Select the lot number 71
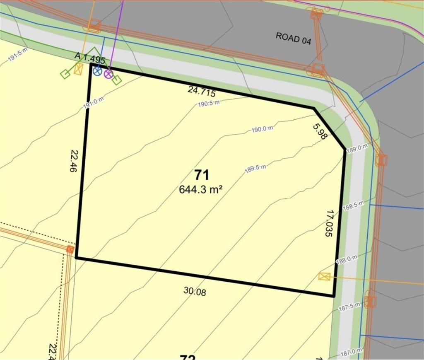click(x=202, y=175)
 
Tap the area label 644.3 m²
click(x=201, y=189)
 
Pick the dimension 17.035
click(x=329, y=223)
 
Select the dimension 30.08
click(x=195, y=291)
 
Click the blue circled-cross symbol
click(x=97, y=71)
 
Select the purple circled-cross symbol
click(x=108, y=74)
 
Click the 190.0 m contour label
click(x=263, y=129)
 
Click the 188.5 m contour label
click(x=353, y=204)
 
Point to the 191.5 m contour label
click(x=17, y=56)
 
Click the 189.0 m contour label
click(x=357, y=148)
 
